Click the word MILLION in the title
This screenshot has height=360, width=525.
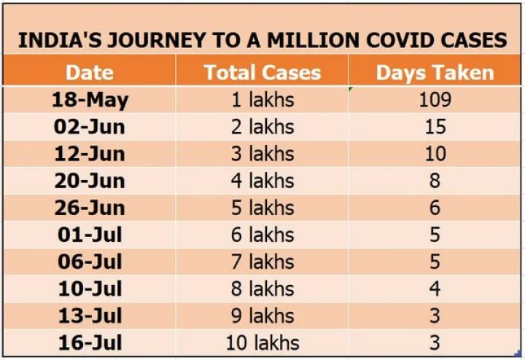pyautogui.click(x=310, y=40)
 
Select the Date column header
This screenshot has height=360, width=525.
pyautogui.click(x=89, y=72)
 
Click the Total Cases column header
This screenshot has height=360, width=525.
pyautogui.click(x=262, y=72)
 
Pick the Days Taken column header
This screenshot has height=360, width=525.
pyautogui.click(x=435, y=72)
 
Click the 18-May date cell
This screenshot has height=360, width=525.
pyautogui.click(x=89, y=100)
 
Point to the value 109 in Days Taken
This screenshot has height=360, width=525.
pyautogui.click(x=435, y=100)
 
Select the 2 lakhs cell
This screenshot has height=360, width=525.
pyautogui.click(x=262, y=127)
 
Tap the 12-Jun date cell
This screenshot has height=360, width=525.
pyautogui.click(x=89, y=154)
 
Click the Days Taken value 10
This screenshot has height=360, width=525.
pyautogui.click(x=435, y=154)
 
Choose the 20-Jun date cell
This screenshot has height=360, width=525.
pyautogui.click(x=89, y=181)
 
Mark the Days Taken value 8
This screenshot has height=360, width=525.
pyautogui.click(x=435, y=181)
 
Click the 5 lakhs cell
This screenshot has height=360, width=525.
pyautogui.click(x=262, y=208)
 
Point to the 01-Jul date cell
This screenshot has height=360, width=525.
pyautogui.click(x=89, y=235)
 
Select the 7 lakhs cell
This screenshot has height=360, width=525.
pyautogui.click(x=262, y=262)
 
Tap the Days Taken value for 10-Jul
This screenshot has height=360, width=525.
pyautogui.click(x=435, y=289)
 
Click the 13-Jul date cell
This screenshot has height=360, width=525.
pyautogui.click(x=89, y=316)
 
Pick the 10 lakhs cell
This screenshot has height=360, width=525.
pyautogui.click(x=262, y=343)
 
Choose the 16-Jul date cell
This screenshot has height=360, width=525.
pyautogui.click(x=89, y=343)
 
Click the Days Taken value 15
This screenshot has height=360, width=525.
pyautogui.click(x=435, y=127)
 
